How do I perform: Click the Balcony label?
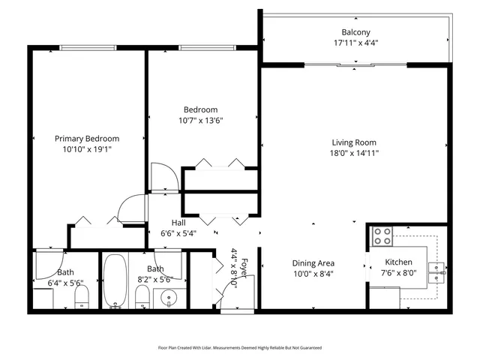355,32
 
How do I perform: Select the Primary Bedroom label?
87,139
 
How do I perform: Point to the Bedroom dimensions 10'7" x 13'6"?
200,120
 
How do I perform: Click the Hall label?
178,223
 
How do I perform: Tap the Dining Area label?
313,263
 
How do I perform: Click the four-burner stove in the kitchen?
382,236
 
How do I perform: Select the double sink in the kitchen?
436,271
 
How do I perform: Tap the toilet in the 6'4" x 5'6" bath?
82,298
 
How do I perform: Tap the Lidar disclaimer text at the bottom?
239,348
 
